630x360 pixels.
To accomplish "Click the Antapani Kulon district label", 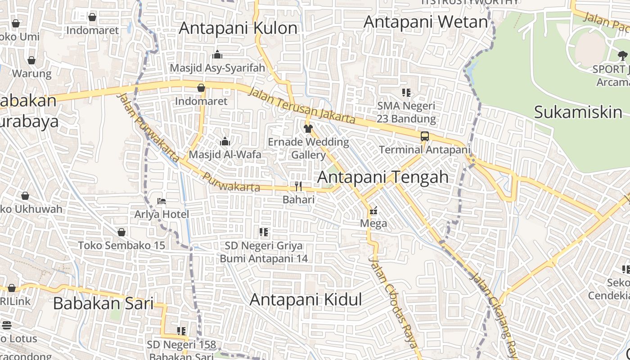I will (238, 28).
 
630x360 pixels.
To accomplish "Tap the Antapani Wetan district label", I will (426, 22).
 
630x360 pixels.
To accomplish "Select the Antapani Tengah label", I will (383, 177).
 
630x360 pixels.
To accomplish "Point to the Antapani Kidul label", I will (306, 299).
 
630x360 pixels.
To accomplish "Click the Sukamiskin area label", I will (578, 112).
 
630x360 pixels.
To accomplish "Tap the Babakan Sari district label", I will (103, 303).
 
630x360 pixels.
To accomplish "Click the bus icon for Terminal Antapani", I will (424, 136).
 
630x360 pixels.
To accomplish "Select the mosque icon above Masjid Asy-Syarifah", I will (217, 54).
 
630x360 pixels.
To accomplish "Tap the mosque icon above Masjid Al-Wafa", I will (225, 141).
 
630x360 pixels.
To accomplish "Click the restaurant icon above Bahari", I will (298, 186).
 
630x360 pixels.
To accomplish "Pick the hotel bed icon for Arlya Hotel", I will (162, 201).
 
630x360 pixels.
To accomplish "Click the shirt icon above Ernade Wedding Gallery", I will (308, 129).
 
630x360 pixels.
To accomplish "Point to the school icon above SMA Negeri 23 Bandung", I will (406, 93).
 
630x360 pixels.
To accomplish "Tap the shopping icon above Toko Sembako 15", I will (121, 232).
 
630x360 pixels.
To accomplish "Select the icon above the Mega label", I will (373, 210).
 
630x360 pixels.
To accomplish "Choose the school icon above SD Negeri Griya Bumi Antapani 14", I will (264, 232).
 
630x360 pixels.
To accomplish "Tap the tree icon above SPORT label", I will (623, 56).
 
